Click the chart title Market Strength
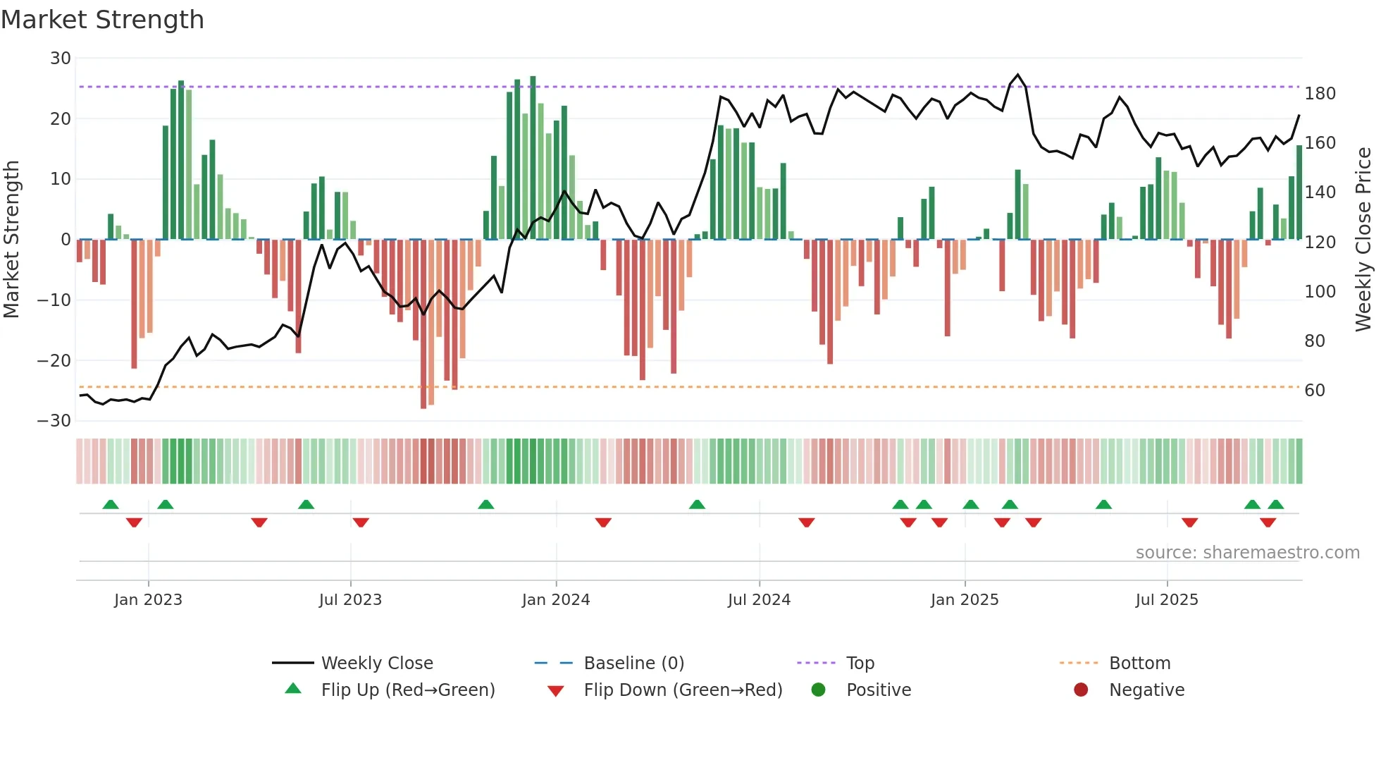point(102,20)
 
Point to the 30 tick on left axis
point(61,59)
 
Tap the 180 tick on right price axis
point(1320,94)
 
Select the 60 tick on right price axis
point(1315,391)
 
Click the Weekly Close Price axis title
point(1363,240)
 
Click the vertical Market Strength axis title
point(11,240)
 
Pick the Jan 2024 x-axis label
point(556,600)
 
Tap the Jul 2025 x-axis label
point(1167,600)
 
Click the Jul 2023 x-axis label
point(350,600)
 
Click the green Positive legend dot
point(818,690)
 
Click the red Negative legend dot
point(1081,690)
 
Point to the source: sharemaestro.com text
point(1247,553)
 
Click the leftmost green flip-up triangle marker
point(111,504)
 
